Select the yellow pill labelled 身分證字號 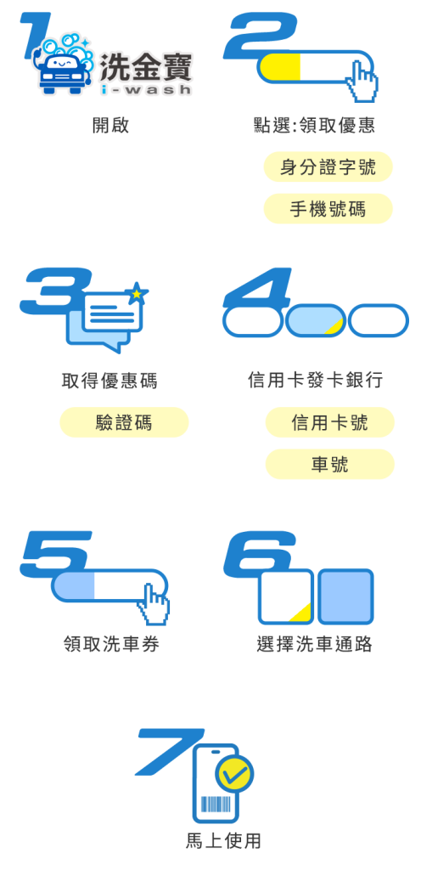click(x=328, y=167)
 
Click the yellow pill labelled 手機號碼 click(x=328, y=209)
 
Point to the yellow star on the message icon click(x=137, y=293)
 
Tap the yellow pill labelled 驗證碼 click(x=124, y=422)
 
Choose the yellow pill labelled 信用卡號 click(x=329, y=422)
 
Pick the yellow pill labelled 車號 click(x=329, y=464)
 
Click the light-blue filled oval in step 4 click(x=316, y=320)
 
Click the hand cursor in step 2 click(x=362, y=82)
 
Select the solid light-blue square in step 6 click(x=345, y=596)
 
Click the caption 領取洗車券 click(x=112, y=644)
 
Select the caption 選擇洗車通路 click(x=315, y=644)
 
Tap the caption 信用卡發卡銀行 click(x=315, y=380)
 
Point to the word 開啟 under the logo click(x=110, y=125)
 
